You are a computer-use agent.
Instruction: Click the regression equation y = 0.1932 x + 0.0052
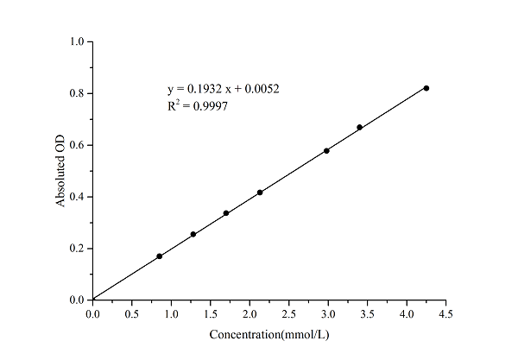(x=222, y=89)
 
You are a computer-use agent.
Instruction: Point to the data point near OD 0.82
(x=426, y=88)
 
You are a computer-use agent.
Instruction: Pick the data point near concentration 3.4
(x=359, y=127)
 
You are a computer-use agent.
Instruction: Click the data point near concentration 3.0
(x=326, y=151)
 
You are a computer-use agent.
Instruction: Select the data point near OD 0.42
(x=260, y=193)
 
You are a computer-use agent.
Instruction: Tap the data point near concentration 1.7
(x=226, y=213)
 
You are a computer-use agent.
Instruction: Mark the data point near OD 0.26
(x=193, y=234)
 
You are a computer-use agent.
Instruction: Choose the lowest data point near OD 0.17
(x=160, y=256)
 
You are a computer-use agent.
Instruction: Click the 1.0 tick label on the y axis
(x=77, y=41)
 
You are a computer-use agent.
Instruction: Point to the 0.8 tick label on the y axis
(x=77, y=93)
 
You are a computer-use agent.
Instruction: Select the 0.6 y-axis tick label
(x=77, y=145)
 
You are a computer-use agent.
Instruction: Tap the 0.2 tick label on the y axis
(x=77, y=249)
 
